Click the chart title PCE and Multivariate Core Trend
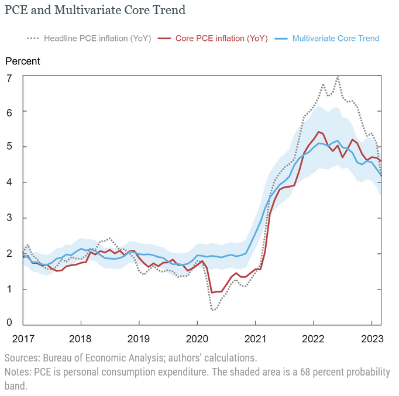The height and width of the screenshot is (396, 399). click(x=95, y=10)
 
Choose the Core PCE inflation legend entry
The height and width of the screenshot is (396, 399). click(x=222, y=39)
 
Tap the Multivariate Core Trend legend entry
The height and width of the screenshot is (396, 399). click(x=335, y=39)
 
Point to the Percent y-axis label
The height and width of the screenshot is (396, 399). click(x=23, y=61)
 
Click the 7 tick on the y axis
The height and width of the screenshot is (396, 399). click(x=9, y=77)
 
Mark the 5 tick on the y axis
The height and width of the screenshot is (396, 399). click(x=9, y=146)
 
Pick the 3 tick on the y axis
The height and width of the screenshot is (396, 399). click(x=9, y=218)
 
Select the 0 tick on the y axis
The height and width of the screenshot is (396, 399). click(x=9, y=322)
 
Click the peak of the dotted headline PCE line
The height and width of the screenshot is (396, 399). click(x=338, y=77)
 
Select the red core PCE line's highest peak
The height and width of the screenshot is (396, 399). click(x=318, y=132)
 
